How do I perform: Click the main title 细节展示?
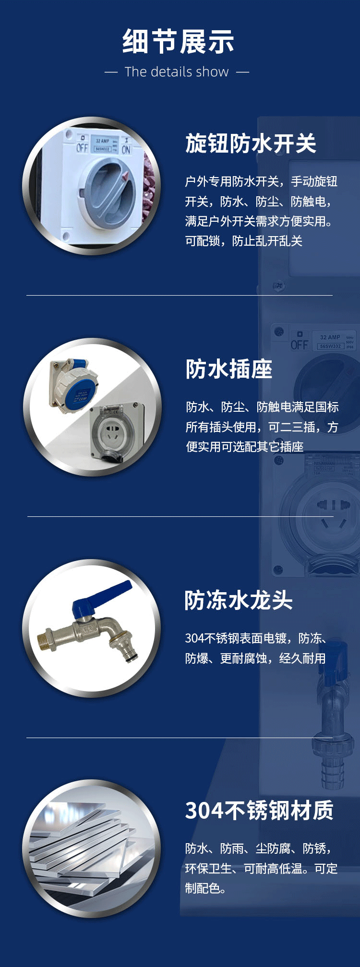click(x=178, y=41)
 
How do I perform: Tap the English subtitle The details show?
click(x=177, y=72)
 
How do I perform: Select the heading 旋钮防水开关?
click(x=251, y=143)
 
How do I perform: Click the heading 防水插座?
click(x=229, y=369)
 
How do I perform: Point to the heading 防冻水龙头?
click(x=239, y=600)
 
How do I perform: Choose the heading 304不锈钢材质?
click(x=259, y=811)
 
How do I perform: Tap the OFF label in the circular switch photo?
click(x=82, y=147)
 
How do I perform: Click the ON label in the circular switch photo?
click(x=126, y=149)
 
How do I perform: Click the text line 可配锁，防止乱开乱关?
click(x=243, y=241)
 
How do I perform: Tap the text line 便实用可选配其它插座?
click(x=244, y=447)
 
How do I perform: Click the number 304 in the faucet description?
click(x=194, y=638)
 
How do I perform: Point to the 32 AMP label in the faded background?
click(x=330, y=337)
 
